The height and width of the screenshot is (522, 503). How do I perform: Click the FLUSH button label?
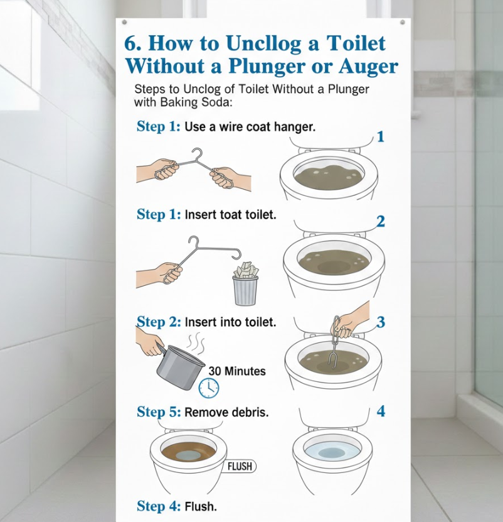[240, 466]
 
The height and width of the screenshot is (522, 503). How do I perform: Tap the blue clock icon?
[209, 388]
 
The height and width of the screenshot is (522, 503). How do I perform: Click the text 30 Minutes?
[237, 371]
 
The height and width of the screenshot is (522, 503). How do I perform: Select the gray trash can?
[246, 290]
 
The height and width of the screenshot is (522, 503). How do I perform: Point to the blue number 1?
[381, 137]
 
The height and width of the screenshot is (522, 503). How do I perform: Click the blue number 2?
[381, 221]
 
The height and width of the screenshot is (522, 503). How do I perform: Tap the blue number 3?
[381, 322]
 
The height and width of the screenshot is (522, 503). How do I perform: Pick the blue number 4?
[381, 411]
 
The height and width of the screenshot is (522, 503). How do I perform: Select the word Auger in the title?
[368, 67]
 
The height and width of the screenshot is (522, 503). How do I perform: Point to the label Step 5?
[159, 412]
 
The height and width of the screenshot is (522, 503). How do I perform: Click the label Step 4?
[159, 506]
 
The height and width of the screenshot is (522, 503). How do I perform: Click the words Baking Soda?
[196, 102]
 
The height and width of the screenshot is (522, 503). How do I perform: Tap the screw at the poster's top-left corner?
[124, 22]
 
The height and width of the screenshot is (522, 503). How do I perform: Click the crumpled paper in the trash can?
[246, 269]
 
